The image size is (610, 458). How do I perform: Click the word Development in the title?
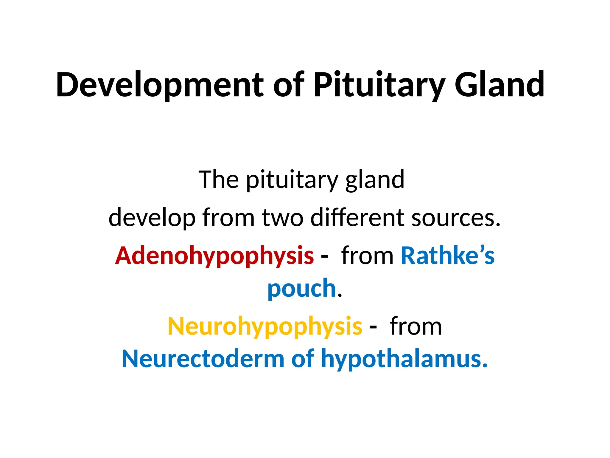(160, 85)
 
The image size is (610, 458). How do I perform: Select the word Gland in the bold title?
(499, 85)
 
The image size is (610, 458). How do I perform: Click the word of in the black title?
(289, 85)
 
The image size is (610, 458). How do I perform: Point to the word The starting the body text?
(218, 180)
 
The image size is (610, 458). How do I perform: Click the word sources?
(456, 218)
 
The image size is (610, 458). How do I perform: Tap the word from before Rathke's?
(367, 256)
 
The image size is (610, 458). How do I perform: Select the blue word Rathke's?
(448, 256)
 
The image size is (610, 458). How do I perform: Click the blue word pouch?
(302, 289)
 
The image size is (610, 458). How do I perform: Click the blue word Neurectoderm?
(203, 359)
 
